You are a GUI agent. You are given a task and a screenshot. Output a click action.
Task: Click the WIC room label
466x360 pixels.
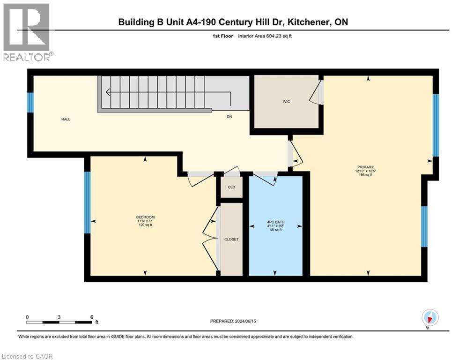[287, 102]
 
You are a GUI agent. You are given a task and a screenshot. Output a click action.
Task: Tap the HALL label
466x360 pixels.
[66, 120]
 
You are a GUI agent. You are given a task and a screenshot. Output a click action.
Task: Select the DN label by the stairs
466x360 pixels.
[229, 117]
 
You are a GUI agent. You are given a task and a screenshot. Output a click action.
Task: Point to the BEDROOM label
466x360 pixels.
[145, 217]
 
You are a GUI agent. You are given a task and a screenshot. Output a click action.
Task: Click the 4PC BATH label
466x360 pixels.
[275, 222]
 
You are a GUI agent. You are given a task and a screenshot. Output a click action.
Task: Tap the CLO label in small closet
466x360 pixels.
[231, 187]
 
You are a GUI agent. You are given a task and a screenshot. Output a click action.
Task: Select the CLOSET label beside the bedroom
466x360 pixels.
[231, 239]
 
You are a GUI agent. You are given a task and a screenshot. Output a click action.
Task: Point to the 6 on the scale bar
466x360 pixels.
[91, 317]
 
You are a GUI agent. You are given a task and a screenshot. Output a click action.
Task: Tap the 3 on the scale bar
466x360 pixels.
[59, 317]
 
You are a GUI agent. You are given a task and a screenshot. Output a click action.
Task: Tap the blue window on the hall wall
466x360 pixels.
[30, 103]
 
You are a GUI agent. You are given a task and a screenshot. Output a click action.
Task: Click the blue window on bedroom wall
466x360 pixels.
[87, 202]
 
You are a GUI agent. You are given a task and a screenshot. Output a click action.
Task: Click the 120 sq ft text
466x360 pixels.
[145, 225]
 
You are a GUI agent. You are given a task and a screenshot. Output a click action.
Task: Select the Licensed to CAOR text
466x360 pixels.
[28, 356]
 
